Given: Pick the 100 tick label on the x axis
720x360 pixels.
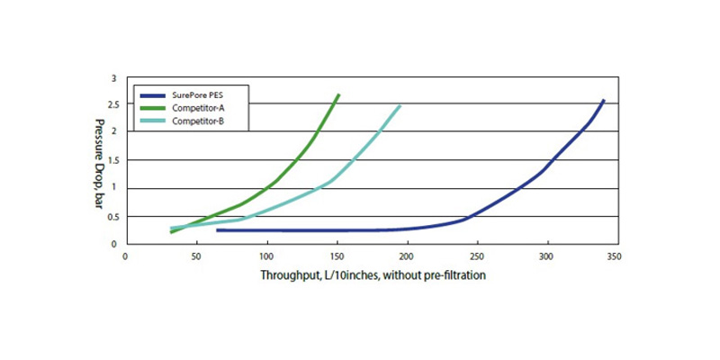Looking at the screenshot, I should pos(265,256).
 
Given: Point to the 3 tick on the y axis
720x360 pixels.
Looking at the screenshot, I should pos(114,78).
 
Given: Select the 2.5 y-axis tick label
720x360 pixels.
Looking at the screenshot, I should pos(111,105).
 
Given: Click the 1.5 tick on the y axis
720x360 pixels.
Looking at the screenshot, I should pos(111,160).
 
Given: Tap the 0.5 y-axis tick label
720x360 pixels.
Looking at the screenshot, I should pos(111,216).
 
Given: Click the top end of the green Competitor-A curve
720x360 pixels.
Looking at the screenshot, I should pos(338,94).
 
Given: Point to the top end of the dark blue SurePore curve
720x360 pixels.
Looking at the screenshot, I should pos(603,101).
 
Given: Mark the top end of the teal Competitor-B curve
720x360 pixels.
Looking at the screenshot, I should pos(400,105).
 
